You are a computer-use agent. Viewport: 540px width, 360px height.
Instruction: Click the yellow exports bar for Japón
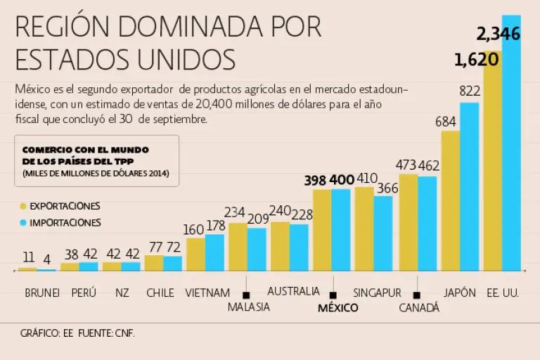pos(450,200)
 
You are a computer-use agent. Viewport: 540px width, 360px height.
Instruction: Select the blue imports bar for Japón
pos(469,186)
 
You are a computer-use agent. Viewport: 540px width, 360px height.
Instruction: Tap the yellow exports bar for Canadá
pos(408,222)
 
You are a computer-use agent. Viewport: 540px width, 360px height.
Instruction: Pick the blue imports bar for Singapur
pos(383,233)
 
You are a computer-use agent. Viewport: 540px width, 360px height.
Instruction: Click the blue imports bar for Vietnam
pos(214,252)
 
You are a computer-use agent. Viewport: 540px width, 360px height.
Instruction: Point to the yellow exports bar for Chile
pos(153,263)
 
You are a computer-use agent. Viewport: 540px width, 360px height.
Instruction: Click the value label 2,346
pos(498,33)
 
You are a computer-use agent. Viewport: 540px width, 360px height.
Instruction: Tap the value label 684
pos(446,121)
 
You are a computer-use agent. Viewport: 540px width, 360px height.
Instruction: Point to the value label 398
pos(315,181)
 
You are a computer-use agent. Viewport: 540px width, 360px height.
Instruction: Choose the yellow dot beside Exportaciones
pos(23,207)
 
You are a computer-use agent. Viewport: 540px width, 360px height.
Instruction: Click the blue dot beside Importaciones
pos(23,223)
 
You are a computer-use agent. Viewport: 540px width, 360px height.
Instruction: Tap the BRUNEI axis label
pos(42,292)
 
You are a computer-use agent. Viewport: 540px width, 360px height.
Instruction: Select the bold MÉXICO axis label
pos(337,308)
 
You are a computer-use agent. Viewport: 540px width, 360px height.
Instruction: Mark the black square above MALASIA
pos(247,295)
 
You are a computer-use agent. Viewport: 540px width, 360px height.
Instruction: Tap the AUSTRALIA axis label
pos(293,291)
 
